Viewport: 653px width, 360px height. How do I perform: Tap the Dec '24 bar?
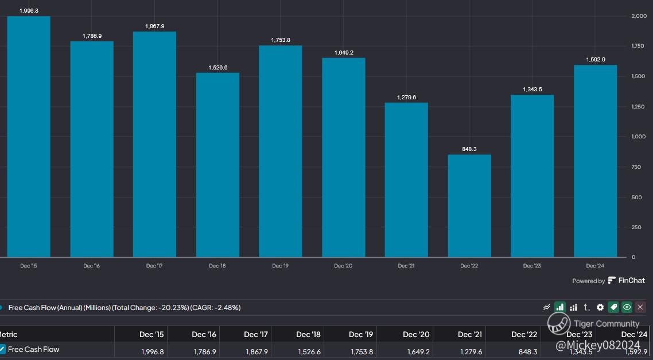pos(595,161)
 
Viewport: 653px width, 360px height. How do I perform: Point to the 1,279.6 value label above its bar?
pos(406,98)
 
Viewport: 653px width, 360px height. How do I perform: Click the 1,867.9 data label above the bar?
pos(154,26)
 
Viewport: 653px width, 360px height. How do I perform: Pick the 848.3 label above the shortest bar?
pos(469,149)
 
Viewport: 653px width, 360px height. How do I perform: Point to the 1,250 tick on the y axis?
pos(638,107)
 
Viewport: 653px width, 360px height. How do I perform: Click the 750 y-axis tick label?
pos(636,167)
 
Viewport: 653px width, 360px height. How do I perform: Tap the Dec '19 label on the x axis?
pos(280,266)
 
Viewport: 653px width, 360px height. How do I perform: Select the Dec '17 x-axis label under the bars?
pos(154,266)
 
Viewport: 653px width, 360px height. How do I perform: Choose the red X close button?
pos(640,307)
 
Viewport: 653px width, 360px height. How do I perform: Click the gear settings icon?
pos(600,307)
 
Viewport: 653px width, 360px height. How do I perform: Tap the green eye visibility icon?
pos(627,307)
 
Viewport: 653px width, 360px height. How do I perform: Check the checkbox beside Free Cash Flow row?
pos(2,349)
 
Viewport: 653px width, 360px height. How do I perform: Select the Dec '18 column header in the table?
pos(308,335)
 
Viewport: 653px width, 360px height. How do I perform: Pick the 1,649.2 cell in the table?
pos(417,351)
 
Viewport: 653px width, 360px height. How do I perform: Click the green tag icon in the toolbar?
pos(613,307)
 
